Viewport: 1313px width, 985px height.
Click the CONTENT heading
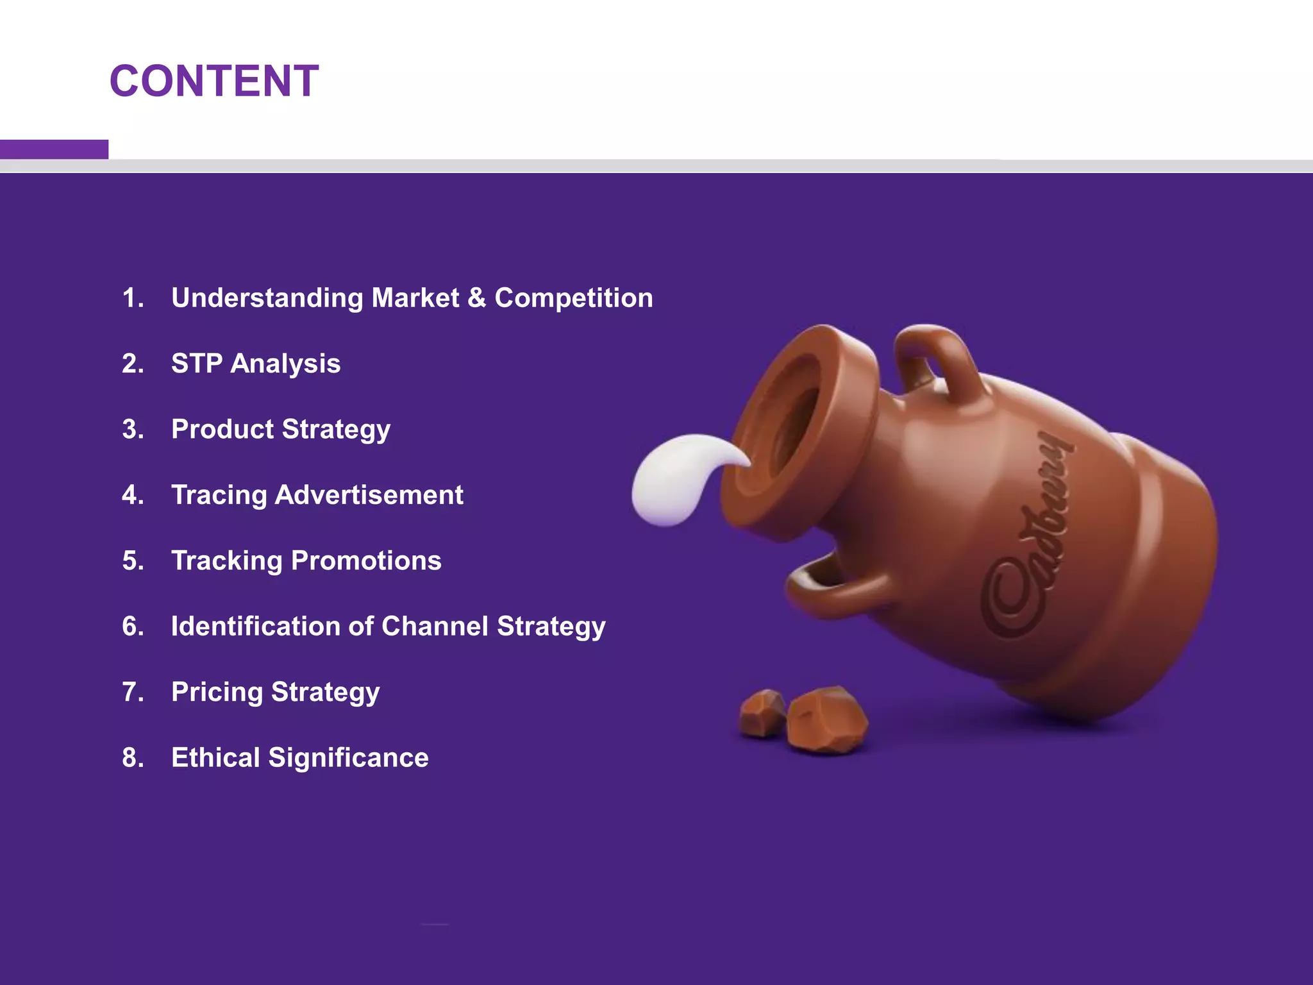[x=214, y=81]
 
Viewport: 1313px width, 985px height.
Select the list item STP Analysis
[x=255, y=364]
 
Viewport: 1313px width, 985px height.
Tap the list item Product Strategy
[x=280, y=430]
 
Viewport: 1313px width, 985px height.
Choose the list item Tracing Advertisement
[x=317, y=495]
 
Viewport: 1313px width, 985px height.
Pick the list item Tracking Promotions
[x=306, y=561]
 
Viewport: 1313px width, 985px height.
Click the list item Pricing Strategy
[x=275, y=693]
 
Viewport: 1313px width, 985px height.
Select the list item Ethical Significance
[x=299, y=758]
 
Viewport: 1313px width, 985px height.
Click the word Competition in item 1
[x=574, y=298]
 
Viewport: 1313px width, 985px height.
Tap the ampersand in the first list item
[x=476, y=298]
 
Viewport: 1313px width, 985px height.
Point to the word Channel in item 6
[x=435, y=627]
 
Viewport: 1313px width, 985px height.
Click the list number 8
[x=133, y=758]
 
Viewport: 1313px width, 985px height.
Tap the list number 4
[x=133, y=495]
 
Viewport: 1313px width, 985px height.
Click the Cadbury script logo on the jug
[x=1026, y=539]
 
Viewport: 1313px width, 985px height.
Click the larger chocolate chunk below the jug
[x=827, y=718]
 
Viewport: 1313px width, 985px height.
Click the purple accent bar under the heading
[x=54, y=149]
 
